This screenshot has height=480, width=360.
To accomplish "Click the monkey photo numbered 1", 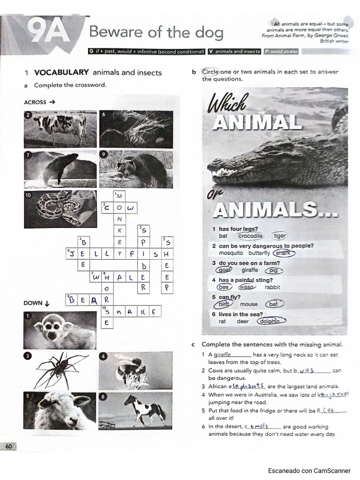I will pyautogui.click(x=60, y=330).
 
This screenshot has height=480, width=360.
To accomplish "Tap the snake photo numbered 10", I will pyautogui.click(x=60, y=209).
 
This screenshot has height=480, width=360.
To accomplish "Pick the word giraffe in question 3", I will pyautogui.click(x=250, y=270).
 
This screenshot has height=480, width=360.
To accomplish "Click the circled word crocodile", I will pyautogui.click(x=250, y=236).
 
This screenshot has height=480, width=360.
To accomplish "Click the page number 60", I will pyautogui.click(x=9, y=447).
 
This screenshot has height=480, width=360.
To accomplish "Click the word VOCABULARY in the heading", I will pyautogui.click(x=61, y=72).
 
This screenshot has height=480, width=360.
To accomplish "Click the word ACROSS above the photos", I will pyautogui.click(x=35, y=102).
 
